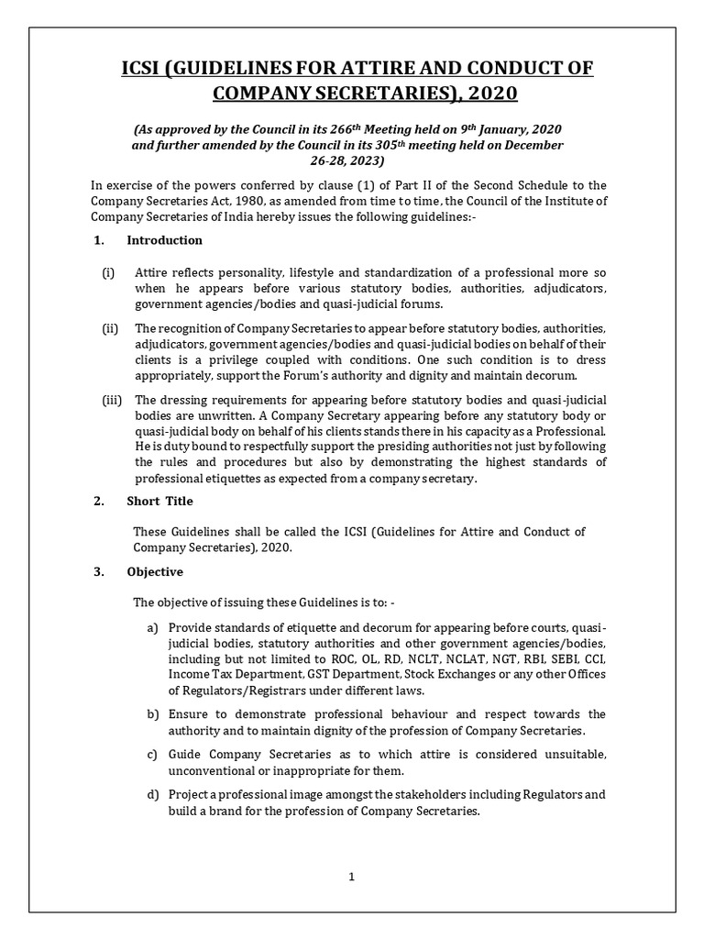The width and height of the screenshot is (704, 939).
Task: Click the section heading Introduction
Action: [164, 240]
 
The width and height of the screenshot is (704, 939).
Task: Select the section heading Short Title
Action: [159, 501]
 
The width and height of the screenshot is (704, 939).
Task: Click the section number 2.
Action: [98, 501]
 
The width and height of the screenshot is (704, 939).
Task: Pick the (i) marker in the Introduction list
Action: [108, 273]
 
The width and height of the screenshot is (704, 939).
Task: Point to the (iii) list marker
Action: [112, 399]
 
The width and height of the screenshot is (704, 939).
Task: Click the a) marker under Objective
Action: [152, 627]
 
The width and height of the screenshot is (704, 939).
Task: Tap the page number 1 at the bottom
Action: [351, 876]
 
